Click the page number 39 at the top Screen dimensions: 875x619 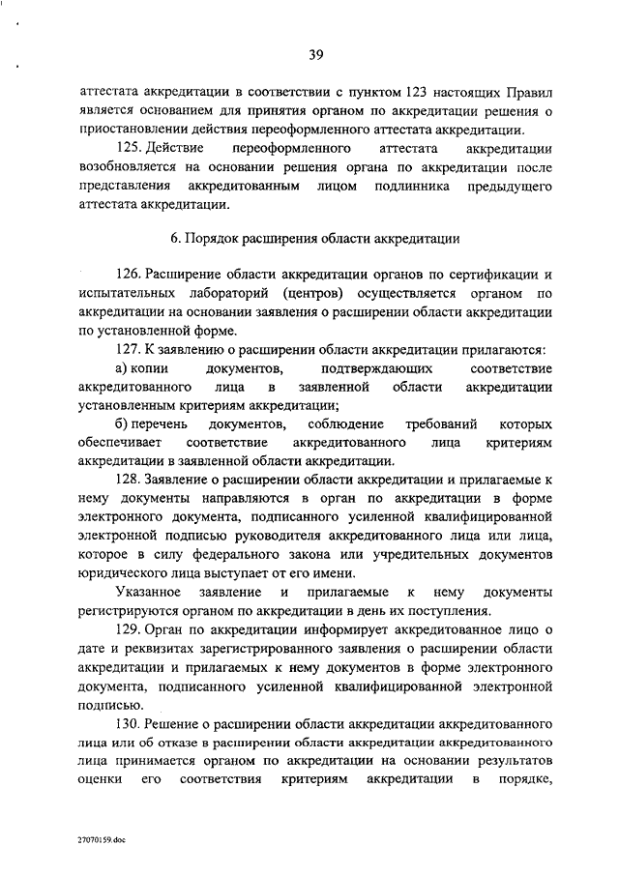tap(315, 54)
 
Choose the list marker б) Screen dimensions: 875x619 tap(123, 423)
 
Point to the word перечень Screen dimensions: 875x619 tap(163, 423)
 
